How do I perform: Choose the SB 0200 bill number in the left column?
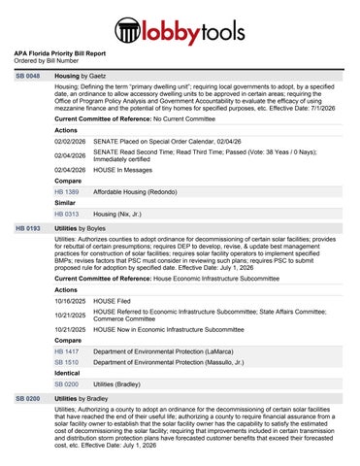(x=27, y=399)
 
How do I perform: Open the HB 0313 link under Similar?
(x=67, y=214)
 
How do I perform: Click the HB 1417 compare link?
(x=67, y=350)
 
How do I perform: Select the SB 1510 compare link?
(x=67, y=362)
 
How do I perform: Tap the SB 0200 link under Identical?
(x=67, y=384)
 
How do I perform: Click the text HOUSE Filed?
(x=116, y=300)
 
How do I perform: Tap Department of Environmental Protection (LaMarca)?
(x=172, y=350)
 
